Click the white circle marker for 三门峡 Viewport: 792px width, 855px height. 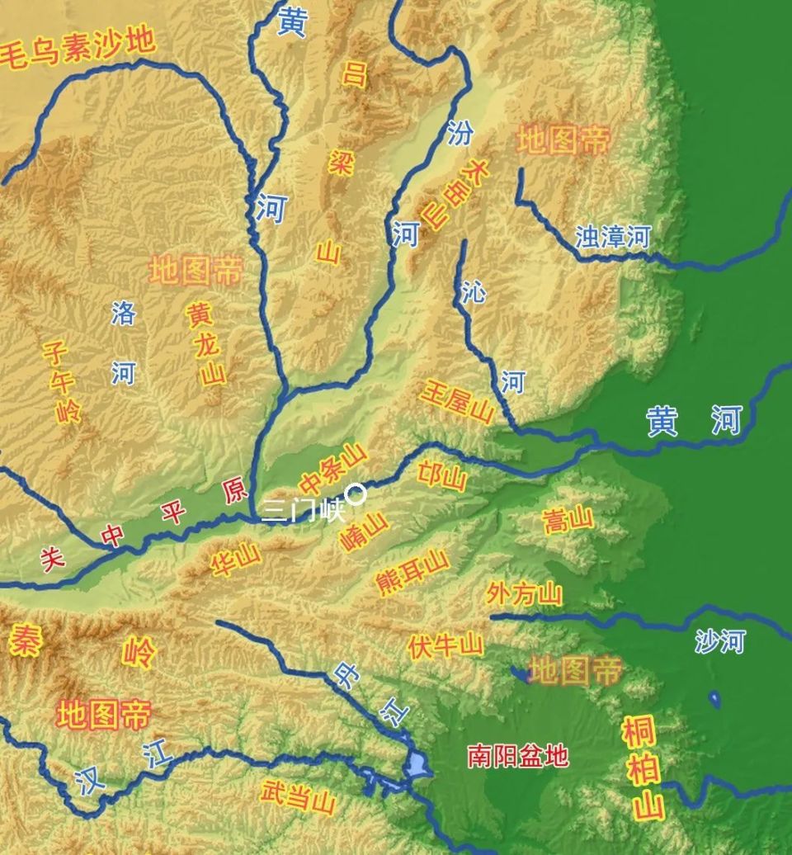[x=356, y=494]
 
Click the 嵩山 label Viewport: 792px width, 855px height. [x=568, y=520]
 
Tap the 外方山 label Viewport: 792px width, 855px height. [x=525, y=593]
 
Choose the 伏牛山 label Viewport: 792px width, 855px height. [x=445, y=645]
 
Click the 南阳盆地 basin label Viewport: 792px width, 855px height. [x=518, y=755]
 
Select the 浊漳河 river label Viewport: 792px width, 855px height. [x=613, y=238]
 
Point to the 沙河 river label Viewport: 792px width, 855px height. [x=719, y=640]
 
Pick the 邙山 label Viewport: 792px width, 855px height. [x=442, y=479]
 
